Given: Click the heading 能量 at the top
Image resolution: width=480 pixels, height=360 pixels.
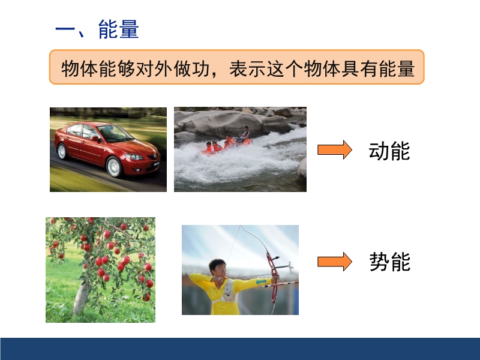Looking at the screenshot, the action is pyautogui.click(x=118, y=29).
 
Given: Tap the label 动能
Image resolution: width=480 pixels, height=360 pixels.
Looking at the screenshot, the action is pyautogui.click(x=389, y=151).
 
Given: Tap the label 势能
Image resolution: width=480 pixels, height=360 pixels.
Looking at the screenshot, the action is pyautogui.click(x=389, y=262).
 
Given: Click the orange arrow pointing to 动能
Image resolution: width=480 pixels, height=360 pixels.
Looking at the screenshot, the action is pyautogui.click(x=335, y=149).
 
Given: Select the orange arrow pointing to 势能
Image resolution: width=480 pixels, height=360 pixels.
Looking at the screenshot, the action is pyautogui.click(x=335, y=262).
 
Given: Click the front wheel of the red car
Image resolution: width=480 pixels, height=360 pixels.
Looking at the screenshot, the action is pyautogui.click(x=114, y=167).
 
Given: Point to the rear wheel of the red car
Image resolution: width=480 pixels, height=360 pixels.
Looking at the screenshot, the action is pyautogui.click(x=62, y=151).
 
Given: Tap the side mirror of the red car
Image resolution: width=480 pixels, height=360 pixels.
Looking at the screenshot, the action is pyautogui.click(x=95, y=139).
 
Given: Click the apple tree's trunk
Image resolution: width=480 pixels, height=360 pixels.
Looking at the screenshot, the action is pyautogui.click(x=81, y=294).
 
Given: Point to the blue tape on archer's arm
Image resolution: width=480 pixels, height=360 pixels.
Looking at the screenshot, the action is pyautogui.click(x=261, y=281).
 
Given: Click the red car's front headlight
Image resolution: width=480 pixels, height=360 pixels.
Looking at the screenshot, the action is pyautogui.click(x=134, y=157).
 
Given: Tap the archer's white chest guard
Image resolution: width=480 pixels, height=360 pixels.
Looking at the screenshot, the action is pyautogui.click(x=227, y=293).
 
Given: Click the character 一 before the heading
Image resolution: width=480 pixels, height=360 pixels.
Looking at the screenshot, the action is pyautogui.click(x=65, y=30).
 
